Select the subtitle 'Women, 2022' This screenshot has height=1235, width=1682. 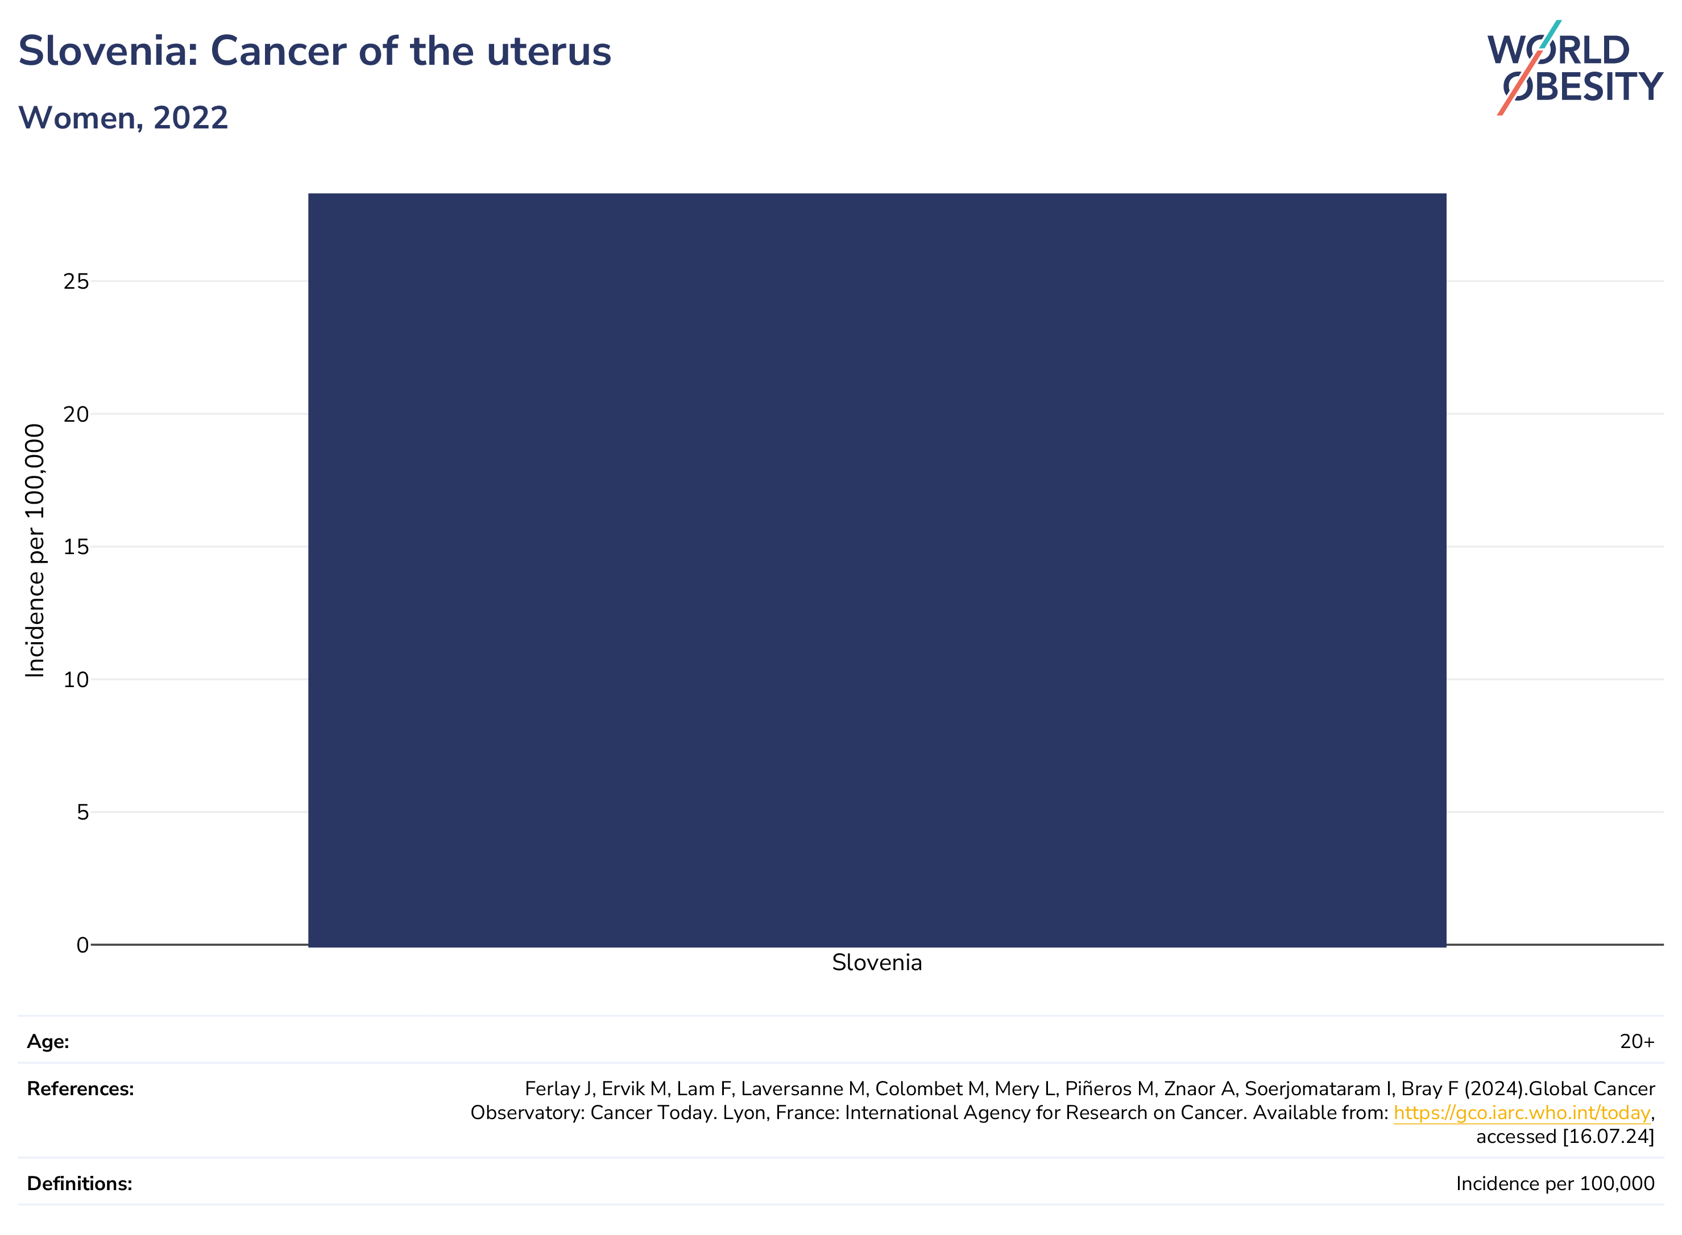pos(123,118)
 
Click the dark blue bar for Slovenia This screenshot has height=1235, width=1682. pos(877,569)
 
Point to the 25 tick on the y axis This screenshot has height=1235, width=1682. pos(76,281)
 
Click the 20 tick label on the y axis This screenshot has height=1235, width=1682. pos(76,414)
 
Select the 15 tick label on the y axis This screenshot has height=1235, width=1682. pos(76,547)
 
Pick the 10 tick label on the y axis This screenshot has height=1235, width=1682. pos(76,680)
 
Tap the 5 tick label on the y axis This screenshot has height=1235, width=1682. pos(83,812)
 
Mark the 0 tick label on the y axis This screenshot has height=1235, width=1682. pos(83,945)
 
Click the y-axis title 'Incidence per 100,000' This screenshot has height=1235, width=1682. pos(35,551)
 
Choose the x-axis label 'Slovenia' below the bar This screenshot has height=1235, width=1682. pos(877,962)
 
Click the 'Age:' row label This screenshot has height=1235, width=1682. pos(48,1041)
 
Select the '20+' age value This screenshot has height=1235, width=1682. pos(1637,1041)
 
